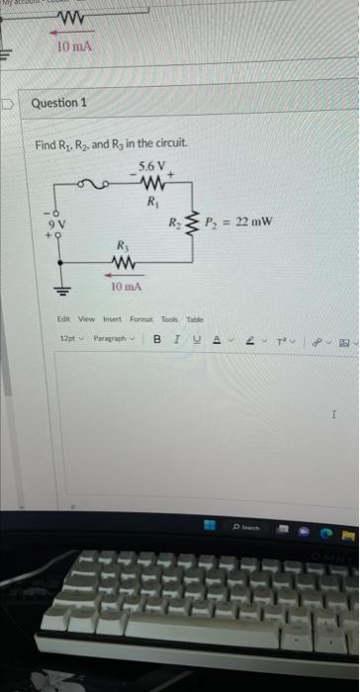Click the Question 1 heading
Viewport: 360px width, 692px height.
click(59, 103)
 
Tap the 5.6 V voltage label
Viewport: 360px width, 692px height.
click(153, 163)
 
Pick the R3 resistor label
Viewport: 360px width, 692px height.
click(122, 245)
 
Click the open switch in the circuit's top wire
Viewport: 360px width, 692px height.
click(95, 183)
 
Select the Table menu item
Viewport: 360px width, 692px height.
click(194, 319)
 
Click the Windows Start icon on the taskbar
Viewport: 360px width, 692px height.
click(209, 527)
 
